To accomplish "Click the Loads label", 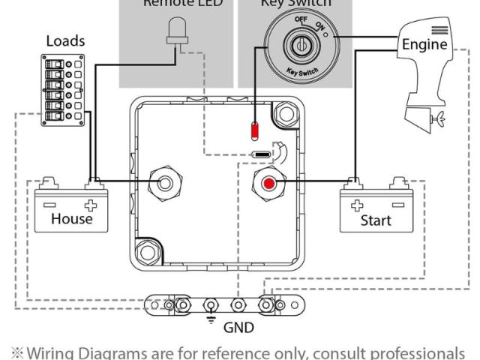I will (x=65, y=40).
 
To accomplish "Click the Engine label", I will (x=424, y=44).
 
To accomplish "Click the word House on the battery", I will (x=71, y=219).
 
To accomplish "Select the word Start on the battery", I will (x=375, y=220).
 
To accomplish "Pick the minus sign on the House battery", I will (x=49, y=202).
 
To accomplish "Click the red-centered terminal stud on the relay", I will (x=268, y=183).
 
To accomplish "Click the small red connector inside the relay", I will (x=254, y=131).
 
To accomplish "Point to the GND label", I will (x=239, y=327).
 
